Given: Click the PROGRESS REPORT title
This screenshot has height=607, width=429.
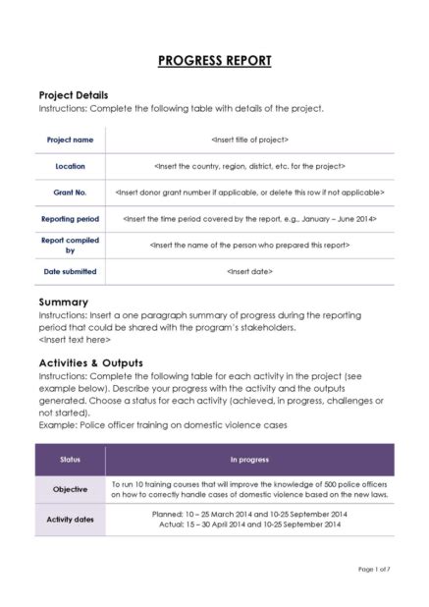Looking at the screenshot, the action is (214, 61).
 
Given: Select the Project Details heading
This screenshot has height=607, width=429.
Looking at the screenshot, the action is (73, 94).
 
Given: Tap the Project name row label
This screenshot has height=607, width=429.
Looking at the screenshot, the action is (70, 139).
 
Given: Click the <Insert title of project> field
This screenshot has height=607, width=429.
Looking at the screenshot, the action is (249, 139).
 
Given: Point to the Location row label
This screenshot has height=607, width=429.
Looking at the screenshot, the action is (70, 166).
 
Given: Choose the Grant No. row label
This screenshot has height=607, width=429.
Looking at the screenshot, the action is (70, 193).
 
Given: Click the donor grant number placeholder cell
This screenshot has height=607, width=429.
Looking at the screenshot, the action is (249, 193).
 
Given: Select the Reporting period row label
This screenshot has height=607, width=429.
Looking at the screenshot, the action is (70, 219).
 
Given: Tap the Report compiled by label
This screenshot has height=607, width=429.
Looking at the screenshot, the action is (70, 245).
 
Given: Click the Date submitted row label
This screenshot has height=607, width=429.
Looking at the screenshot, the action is (70, 271).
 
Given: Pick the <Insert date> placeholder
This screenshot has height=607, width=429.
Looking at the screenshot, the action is (249, 271).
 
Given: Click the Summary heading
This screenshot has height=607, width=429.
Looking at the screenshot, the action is (63, 302).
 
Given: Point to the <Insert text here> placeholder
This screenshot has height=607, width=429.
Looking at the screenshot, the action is (75, 340).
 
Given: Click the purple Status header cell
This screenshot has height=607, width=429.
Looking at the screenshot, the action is (70, 459).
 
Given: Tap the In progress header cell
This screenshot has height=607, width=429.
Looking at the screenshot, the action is (249, 459).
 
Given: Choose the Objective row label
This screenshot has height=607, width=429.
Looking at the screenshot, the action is (70, 489).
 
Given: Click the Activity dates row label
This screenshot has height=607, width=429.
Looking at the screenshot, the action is (70, 519).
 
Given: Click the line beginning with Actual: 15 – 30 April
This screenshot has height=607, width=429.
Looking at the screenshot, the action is (249, 524).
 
